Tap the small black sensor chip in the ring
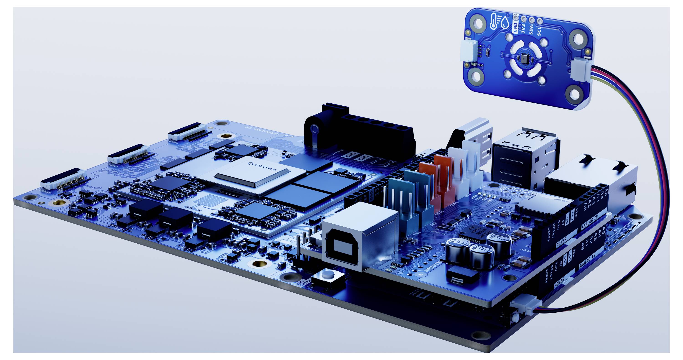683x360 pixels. click(x=522, y=57)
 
